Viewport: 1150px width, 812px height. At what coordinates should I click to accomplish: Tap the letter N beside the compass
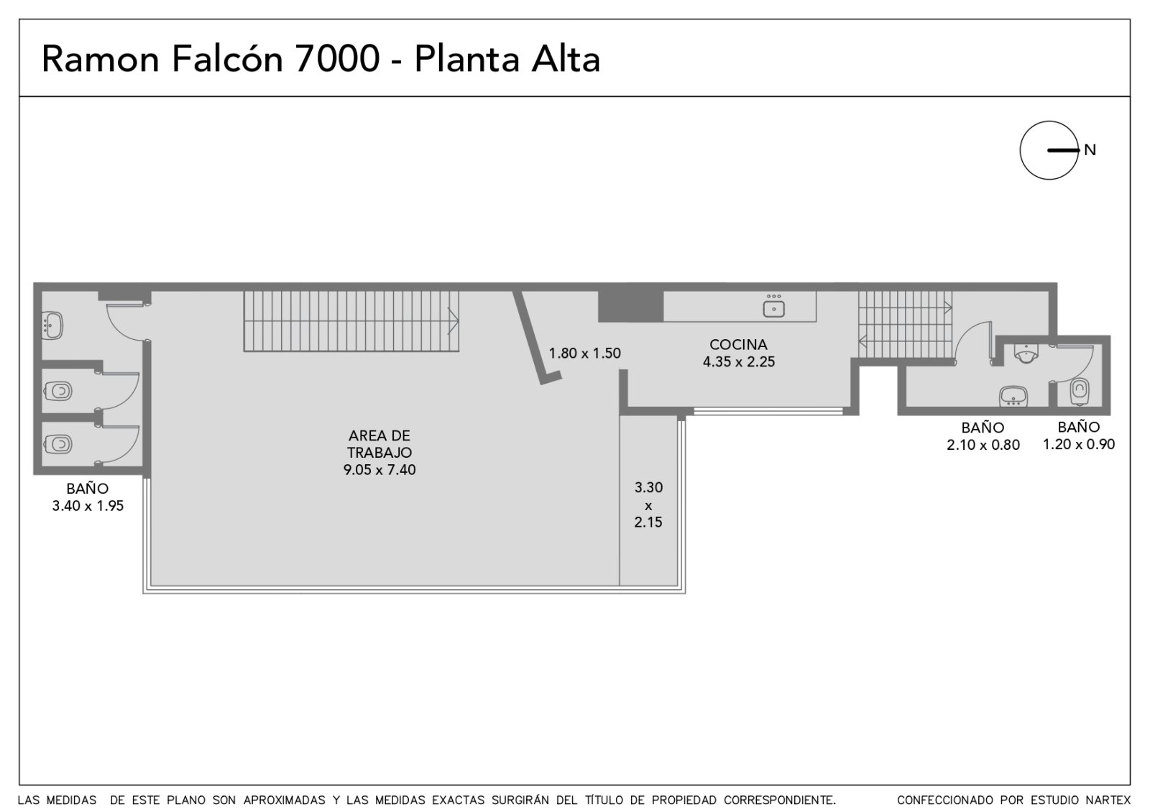[1090, 150]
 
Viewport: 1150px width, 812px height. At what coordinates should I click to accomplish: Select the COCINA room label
[738, 344]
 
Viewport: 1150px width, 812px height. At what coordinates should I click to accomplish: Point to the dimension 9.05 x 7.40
[379, 470]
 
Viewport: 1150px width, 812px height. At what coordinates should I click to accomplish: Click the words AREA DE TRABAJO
[379, 444]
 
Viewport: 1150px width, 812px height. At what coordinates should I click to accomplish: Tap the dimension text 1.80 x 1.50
[585, 353]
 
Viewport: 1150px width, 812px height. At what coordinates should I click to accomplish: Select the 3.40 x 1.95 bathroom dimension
[88, 506]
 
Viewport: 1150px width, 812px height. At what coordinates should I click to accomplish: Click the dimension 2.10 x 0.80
[983, 445]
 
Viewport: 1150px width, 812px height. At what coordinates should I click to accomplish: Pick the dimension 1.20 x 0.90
[1079, 444]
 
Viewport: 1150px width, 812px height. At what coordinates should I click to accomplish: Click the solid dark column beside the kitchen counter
[631, 306]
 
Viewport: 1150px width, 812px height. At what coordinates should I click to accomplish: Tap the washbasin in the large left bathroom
[52, 325]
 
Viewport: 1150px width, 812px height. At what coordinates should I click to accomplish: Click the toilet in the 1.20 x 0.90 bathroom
[1079, 392]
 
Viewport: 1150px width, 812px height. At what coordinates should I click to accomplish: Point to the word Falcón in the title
[227, 59]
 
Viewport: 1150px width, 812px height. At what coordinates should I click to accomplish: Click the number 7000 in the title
[337, 59]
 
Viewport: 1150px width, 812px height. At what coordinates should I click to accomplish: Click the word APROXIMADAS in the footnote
[284, 801]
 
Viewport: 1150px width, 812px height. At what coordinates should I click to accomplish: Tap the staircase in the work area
[351, 321]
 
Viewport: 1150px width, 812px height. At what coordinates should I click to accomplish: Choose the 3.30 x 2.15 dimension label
[648, 504]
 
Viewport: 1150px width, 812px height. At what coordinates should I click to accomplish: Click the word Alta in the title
[565, 59]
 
